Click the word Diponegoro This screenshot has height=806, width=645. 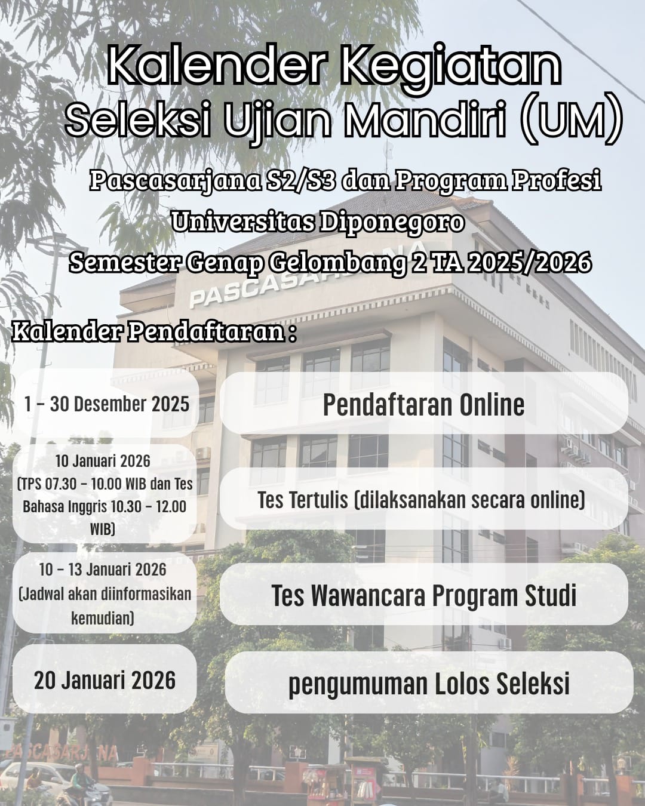point(392,223)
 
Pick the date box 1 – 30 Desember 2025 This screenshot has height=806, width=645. point(105,403)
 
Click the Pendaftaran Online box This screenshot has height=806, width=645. point(424,404)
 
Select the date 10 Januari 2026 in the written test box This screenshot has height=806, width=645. point(103,461)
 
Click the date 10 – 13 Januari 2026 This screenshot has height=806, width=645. point(103,570)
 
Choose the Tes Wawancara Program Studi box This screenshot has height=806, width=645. point(424,594)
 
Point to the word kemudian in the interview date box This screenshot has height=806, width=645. point(103,618)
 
